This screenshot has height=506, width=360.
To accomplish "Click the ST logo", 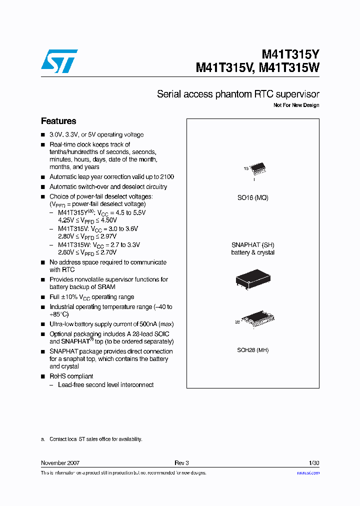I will click(x=59, y=60).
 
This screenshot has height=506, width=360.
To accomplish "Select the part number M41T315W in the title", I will click(x=289, y=68).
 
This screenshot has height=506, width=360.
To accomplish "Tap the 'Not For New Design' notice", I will click(x=296, y=105).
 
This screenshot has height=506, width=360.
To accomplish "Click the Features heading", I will click(x=58, y=121).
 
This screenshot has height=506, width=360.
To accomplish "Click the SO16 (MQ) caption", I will click(x=252, y=197).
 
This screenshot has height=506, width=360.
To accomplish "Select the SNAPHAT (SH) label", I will click(x=252, y=245).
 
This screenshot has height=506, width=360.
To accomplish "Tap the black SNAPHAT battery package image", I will click(x=253, y=279).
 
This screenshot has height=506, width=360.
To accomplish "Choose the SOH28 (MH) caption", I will click(x=252, y=350).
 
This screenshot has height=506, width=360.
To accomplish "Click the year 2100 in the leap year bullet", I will click(x=167, y=177).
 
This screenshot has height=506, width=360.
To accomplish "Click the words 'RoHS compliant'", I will click(x=71, y=376).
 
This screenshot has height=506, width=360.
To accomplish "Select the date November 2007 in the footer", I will click(x=60, y=463).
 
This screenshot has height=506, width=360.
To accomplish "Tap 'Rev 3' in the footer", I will click(x=181, y=463).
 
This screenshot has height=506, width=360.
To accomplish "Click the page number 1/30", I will click(x=314, y=463).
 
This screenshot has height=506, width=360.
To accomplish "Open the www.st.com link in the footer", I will click(x=308, y=473).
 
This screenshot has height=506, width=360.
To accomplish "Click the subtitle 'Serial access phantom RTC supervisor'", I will click(x=238, y=94).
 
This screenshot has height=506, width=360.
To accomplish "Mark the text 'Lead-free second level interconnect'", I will click(x=105, y=385).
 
